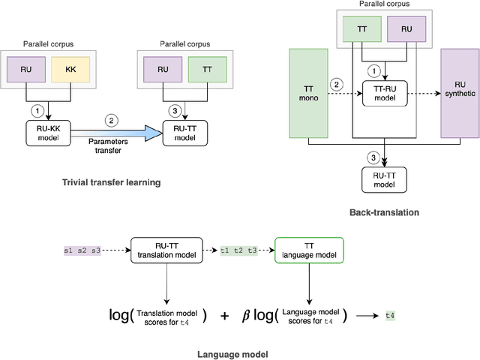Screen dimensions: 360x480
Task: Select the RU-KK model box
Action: tap(46, 133)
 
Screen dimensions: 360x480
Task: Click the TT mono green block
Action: tap(308, 94)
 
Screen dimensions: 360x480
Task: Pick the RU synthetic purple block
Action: tap(459, 94)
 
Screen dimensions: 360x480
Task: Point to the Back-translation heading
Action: tap(384, 212)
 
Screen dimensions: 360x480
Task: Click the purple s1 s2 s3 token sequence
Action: tap(82, 250)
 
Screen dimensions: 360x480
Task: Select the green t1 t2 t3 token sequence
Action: tap(238, 250)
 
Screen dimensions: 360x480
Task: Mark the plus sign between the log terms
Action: tap(225, 316)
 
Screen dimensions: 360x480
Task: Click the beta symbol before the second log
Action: tap(245, 316)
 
